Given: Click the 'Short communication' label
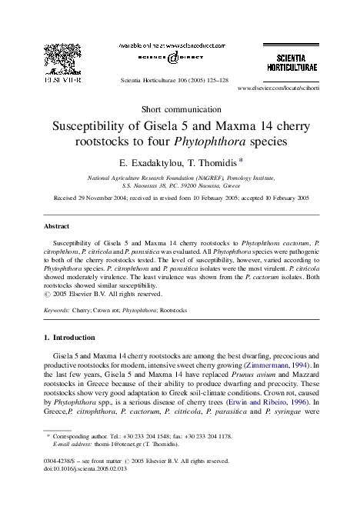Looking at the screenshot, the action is pos(180,107).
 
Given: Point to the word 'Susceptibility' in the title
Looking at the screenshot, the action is pos(88,125).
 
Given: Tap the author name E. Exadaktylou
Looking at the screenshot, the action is pos(148,162).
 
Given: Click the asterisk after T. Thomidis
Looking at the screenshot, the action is pos(242,160).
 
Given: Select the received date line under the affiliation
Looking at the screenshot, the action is pos(180,198).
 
